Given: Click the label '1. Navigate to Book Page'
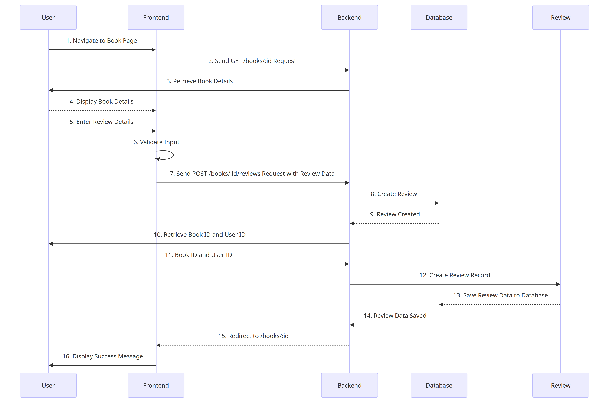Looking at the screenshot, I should [x=101, y=40].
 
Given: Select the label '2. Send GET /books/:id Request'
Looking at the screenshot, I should [x=252, y=61].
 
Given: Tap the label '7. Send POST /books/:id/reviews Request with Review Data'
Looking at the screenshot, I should [x=252, y=174].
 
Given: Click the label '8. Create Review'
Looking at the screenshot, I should [x=394, y=194].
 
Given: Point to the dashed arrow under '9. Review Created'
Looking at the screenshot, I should [x=395, y=223].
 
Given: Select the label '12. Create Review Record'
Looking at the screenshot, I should [x=454, y=275].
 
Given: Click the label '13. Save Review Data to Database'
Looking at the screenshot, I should [x=500, y=295].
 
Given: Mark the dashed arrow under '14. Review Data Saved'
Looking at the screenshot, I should [x=395, y=325].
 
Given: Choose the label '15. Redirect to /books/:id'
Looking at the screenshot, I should [x=253, y=336].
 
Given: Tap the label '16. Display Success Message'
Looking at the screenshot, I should [x=102, y=356].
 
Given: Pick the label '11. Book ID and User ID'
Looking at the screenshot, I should [x=198, y=255].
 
